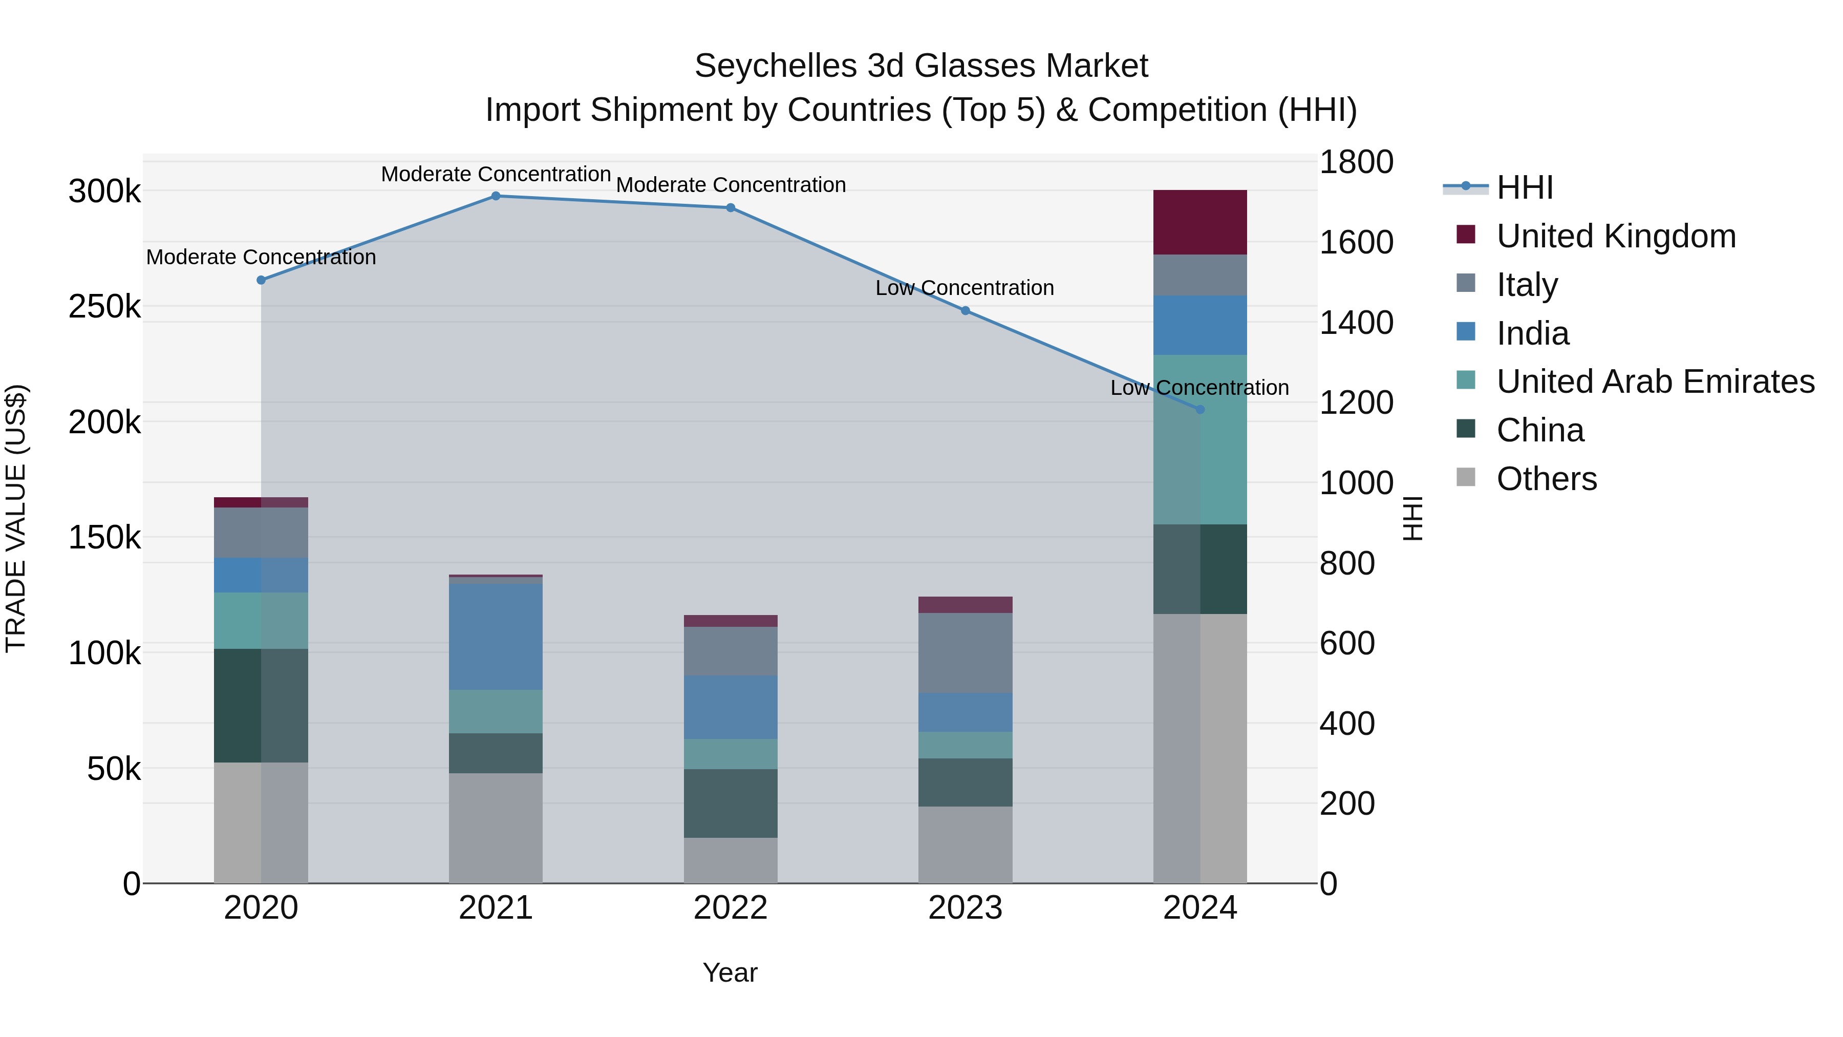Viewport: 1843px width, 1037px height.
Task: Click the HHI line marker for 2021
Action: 496,196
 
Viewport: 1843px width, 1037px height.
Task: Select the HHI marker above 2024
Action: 1200,409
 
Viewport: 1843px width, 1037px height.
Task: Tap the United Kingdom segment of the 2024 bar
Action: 1200,223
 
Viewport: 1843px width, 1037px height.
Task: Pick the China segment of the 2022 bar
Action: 731,803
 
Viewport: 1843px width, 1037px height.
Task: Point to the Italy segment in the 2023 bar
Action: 965,653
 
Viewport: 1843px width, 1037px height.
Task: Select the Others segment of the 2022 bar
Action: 731,860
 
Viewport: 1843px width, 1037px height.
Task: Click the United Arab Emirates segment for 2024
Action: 1200,439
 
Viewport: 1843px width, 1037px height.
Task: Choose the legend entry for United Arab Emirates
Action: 1655,382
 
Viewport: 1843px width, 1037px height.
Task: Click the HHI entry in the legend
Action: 1524,187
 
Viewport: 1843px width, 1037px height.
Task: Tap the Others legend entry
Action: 1546,479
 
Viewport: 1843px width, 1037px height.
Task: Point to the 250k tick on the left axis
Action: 104,307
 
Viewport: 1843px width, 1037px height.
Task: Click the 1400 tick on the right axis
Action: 1356,323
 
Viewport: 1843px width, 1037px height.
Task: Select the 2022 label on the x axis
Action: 731,908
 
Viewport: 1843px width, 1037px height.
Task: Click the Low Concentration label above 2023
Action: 965,288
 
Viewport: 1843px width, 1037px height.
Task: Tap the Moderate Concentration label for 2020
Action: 261,257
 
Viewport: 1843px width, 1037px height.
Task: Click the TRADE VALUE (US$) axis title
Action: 16,518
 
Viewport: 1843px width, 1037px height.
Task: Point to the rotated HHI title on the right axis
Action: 1413,518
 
